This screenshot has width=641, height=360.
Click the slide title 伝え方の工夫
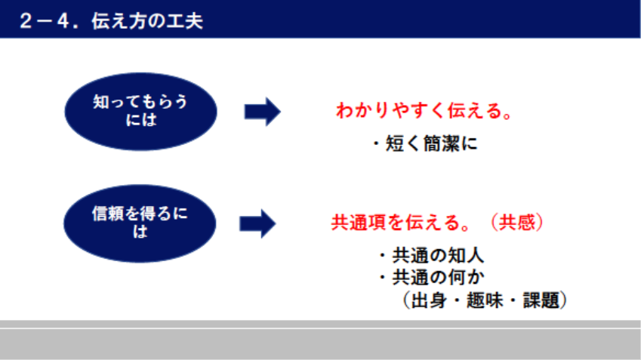147,21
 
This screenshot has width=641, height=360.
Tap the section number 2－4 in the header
45,21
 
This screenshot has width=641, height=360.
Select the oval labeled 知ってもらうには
141,112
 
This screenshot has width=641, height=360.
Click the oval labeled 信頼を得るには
140,223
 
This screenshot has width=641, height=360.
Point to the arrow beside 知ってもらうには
263,112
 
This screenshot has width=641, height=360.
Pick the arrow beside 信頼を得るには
257,223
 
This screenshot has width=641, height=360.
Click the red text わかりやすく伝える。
424,111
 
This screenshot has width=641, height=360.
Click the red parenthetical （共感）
517,223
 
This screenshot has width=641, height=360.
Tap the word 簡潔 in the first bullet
441,144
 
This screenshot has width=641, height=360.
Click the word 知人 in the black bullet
466,256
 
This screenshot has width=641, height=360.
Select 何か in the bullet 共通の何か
466,278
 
